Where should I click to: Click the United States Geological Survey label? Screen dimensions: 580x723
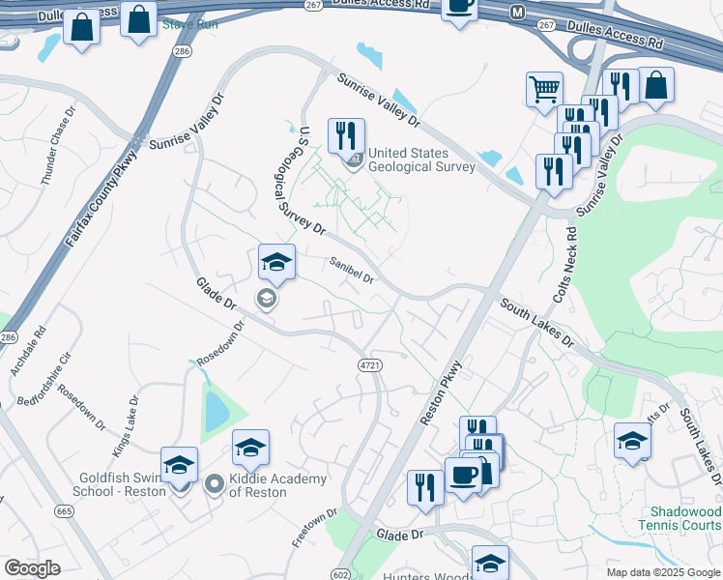pyautogui.click(x=421, y=160)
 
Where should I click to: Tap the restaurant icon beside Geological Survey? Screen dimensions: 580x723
pyautogui.click(x=346, y=135)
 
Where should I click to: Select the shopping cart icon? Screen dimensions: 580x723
pyautogui.click(x=544, y=90)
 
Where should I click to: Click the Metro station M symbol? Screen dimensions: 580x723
pyautogui.click(x=517, y=13)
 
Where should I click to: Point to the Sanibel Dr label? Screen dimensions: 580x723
pyautogui.click(x=351, y=270)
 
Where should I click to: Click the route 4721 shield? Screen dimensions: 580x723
pyautogui.click(x=368, y=364)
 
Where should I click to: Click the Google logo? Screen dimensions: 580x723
pyautogui.click(x=32, y=568)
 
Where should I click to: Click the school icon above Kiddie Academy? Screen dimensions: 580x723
pyautogui.click(x=250, y=449)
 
